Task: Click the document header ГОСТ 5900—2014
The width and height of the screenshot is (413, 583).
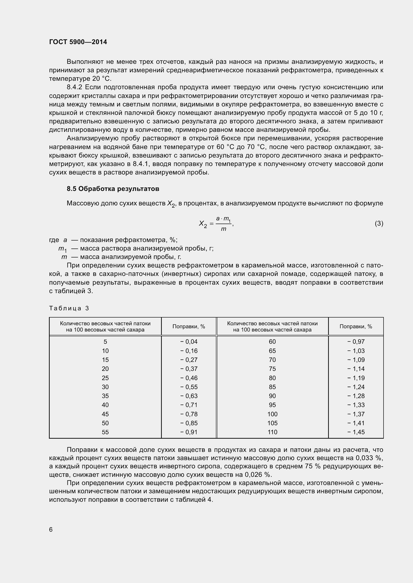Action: tap(78, 42)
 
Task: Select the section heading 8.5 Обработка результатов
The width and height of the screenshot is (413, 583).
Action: tap(113, 189)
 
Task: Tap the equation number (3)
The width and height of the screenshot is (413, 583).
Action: tap(379, 223)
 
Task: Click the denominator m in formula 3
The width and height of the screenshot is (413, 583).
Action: tap(223, 229)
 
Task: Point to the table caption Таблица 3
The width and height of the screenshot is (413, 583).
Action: tap(69, 308)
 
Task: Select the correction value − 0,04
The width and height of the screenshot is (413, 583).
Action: tap(189, 342)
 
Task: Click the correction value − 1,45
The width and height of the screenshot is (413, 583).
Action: tap(356, 432)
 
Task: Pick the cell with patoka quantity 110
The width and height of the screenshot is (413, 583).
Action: tap(272, 432)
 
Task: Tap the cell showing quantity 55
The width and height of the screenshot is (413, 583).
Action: tap(105, 432)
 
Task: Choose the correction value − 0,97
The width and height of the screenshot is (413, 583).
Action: tap(356, 342)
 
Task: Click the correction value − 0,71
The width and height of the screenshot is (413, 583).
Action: tap(189, 405)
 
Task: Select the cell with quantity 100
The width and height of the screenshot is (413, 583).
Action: tap(272, 414)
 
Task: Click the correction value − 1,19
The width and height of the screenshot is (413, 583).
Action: tap(356, 378)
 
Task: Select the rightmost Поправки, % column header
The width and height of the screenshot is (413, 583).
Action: tap(356, 327)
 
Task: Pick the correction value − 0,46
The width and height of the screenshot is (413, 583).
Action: tap(189, 378)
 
